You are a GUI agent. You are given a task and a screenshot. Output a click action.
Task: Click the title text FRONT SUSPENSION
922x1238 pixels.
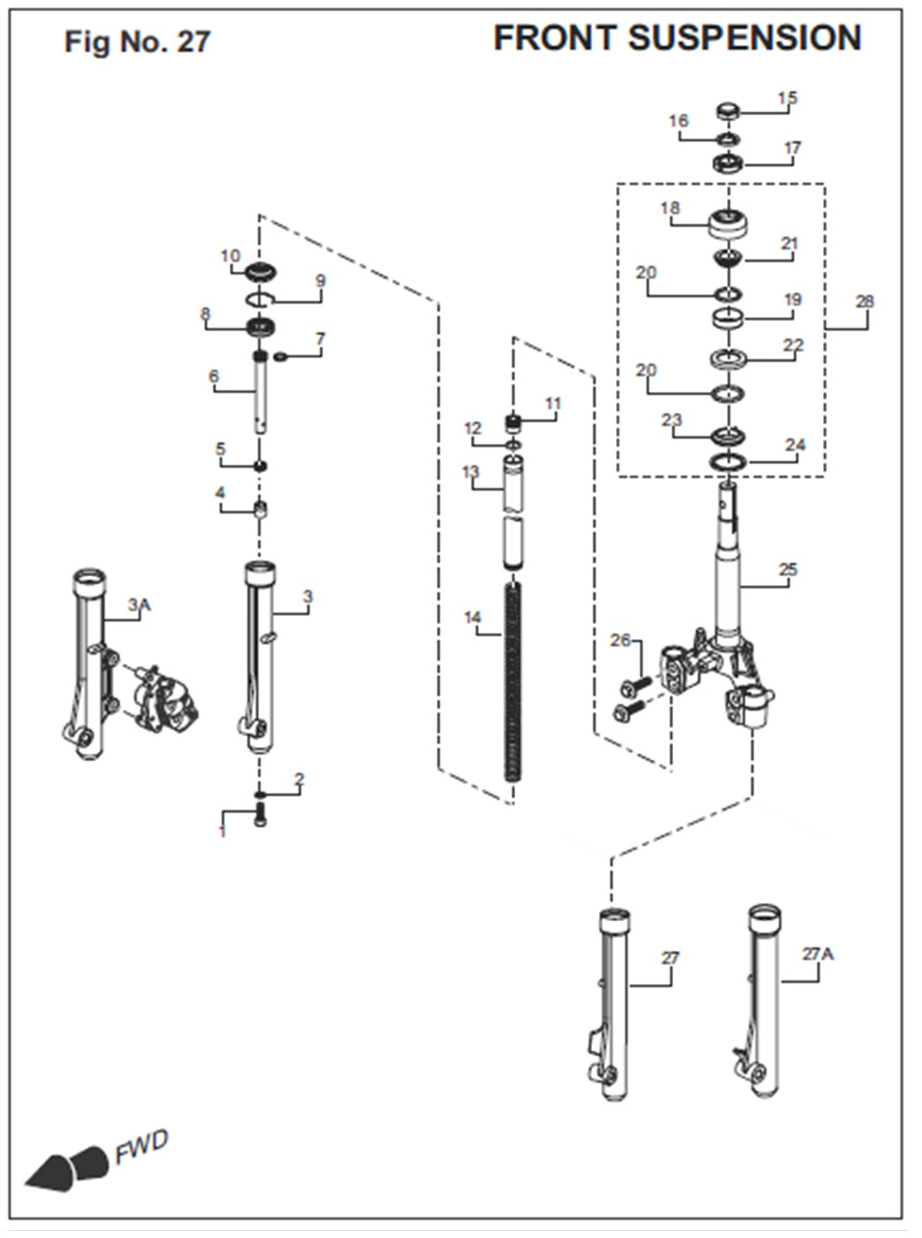677,39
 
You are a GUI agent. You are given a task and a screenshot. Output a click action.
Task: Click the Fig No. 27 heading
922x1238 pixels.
137,41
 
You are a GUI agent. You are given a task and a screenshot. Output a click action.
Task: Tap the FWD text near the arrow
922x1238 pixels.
141,1147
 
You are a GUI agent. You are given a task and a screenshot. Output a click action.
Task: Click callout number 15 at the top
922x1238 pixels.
786,98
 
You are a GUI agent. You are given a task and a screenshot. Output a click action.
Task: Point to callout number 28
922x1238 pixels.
864,301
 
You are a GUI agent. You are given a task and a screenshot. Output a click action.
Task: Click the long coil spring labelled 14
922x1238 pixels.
512,679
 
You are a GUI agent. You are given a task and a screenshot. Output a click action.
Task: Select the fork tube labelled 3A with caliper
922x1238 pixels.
88,662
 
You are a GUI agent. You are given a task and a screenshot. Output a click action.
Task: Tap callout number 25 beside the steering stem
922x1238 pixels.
787,569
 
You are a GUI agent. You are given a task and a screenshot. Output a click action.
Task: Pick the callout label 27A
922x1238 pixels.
817,954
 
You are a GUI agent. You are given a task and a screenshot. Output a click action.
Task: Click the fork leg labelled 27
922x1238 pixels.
613,1006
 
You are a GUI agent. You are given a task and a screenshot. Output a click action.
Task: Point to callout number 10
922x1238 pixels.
229,257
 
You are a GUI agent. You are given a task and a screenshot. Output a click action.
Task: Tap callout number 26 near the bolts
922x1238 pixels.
621,640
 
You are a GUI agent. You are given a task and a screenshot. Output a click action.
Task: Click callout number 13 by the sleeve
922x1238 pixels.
470,472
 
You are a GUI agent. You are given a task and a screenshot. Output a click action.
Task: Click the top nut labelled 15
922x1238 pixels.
729,111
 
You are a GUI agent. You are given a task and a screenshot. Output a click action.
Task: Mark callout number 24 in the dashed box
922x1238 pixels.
795,445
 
